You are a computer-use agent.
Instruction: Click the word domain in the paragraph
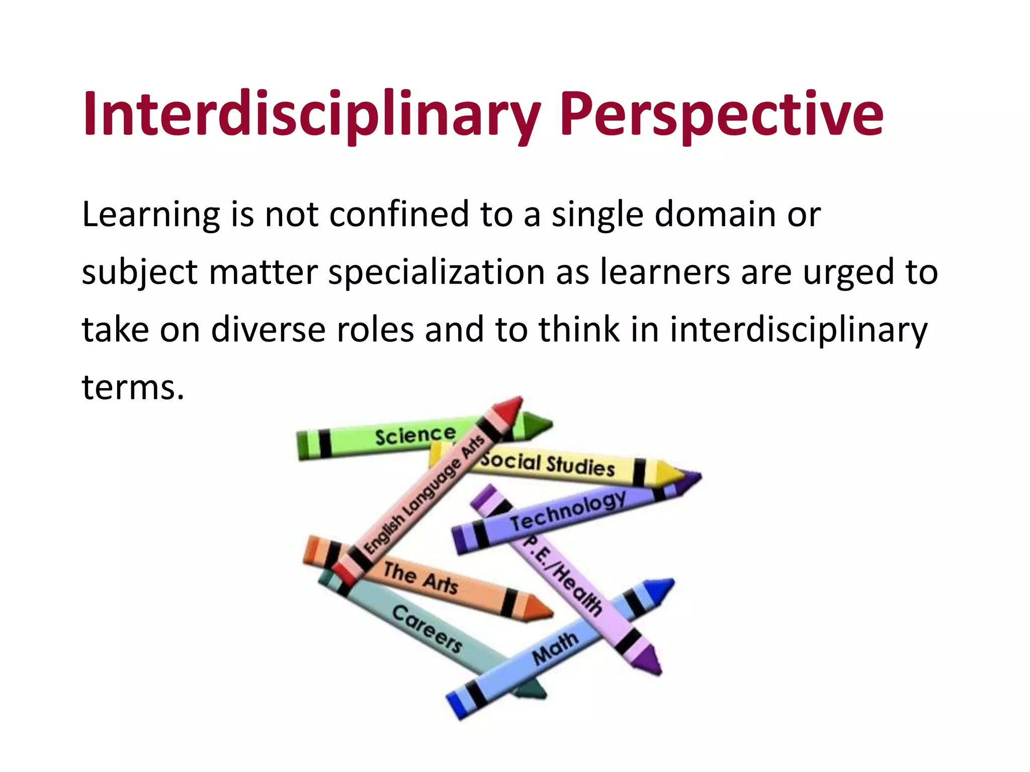[715, 214]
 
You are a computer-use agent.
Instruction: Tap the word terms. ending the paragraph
[133, 388]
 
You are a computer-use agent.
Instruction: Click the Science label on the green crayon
[415, 435]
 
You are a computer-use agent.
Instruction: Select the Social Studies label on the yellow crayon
[547, 463]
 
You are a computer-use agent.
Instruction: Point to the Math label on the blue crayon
[555, 647]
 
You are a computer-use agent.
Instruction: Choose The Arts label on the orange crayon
[420, 578]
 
